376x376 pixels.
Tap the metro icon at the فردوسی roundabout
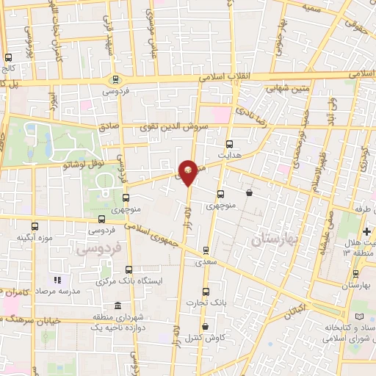[x=115, y=79]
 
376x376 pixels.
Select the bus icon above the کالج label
[x=9, y=57]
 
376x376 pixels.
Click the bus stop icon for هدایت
[x=230, y=144]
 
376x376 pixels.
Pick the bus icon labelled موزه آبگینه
[x=35, y=226]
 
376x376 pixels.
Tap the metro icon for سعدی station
[x=206, y=250]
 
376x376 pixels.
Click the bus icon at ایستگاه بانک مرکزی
[x=129, y=270]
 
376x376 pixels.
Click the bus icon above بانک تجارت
[x=206, y=292]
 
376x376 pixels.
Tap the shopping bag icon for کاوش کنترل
[x=205, y=326]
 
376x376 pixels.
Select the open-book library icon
[x=359, y=317]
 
